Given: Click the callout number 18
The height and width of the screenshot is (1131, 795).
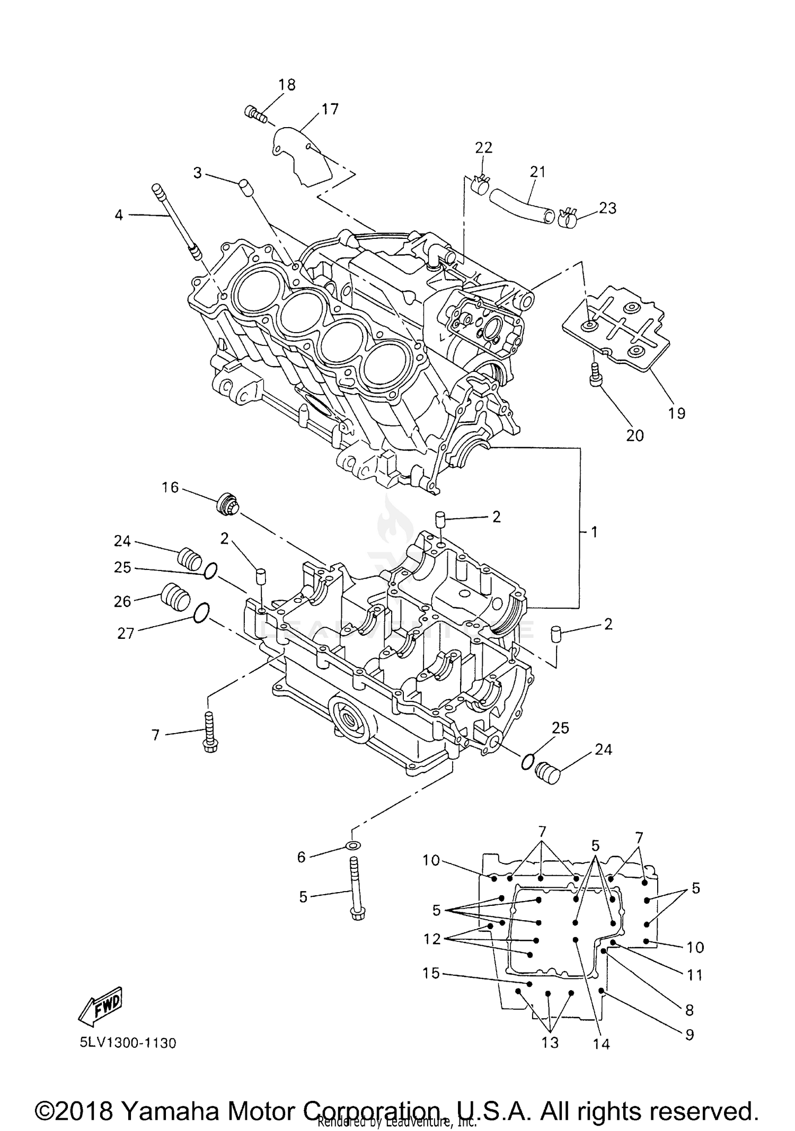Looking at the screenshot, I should pos(287,85).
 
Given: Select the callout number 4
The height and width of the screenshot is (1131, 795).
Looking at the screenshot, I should pos(119,215).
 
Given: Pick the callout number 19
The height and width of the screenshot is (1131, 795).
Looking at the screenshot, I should pos(676,413).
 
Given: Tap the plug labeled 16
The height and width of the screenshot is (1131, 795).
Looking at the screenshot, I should pos(228,503).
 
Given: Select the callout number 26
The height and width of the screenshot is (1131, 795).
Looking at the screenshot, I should pos(122,601).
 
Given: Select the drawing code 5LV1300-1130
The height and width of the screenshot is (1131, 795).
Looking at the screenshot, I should pos(128,1043).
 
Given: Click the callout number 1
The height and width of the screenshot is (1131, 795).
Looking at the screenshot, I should pos(594,532).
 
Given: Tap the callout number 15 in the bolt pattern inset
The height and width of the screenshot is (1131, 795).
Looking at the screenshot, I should pos(431,973).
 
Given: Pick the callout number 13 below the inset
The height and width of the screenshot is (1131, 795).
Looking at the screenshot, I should pos(550,1043).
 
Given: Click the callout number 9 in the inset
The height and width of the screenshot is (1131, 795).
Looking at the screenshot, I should pos(689,1035).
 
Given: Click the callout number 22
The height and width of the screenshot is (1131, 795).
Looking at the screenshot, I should pos(483,147).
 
